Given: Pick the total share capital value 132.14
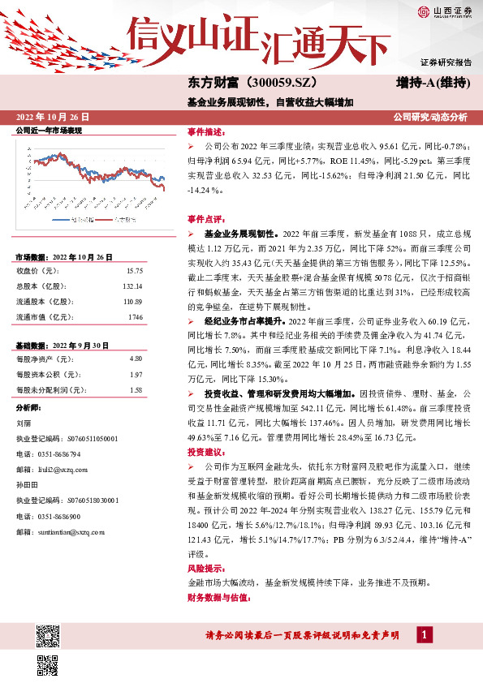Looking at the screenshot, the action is pos(132,286).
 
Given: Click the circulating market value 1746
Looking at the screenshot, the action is pos(135,317).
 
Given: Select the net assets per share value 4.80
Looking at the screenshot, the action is pos(136,358).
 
